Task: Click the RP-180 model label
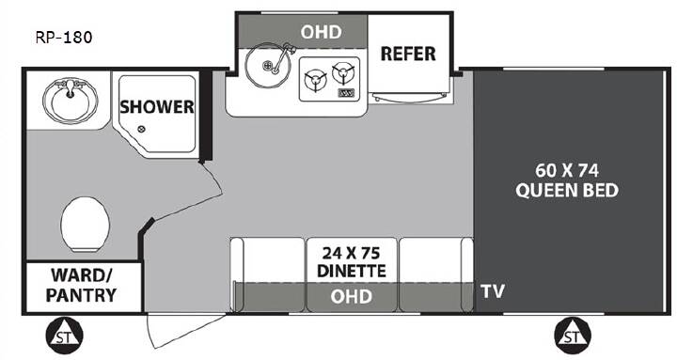(64, 38)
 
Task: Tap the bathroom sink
(71, 101)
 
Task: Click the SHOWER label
(157, 107)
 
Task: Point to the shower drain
(141, 129)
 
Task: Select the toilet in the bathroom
(85, 224)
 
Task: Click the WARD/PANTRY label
(81, 286)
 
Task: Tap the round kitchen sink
(264, 65)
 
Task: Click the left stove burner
(315, 80)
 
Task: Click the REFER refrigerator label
(408, 54)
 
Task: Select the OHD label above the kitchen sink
(321, 32)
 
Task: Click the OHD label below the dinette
(351, 296)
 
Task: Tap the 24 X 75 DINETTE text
(352, 262)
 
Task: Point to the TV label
(493, 291)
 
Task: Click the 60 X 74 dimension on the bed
(567, 170)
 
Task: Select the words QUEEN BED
(567, 191)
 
